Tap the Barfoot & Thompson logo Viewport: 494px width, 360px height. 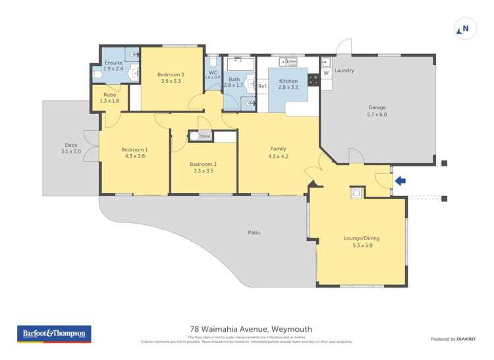tap(53, 334)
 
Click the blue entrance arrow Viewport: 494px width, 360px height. tap(400, 180)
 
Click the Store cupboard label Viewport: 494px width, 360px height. tap(205, 136)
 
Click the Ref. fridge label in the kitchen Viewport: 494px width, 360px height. tap(262, 86)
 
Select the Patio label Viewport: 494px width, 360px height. tap(254, 232)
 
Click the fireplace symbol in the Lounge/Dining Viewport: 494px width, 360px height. tap(356, 193)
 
